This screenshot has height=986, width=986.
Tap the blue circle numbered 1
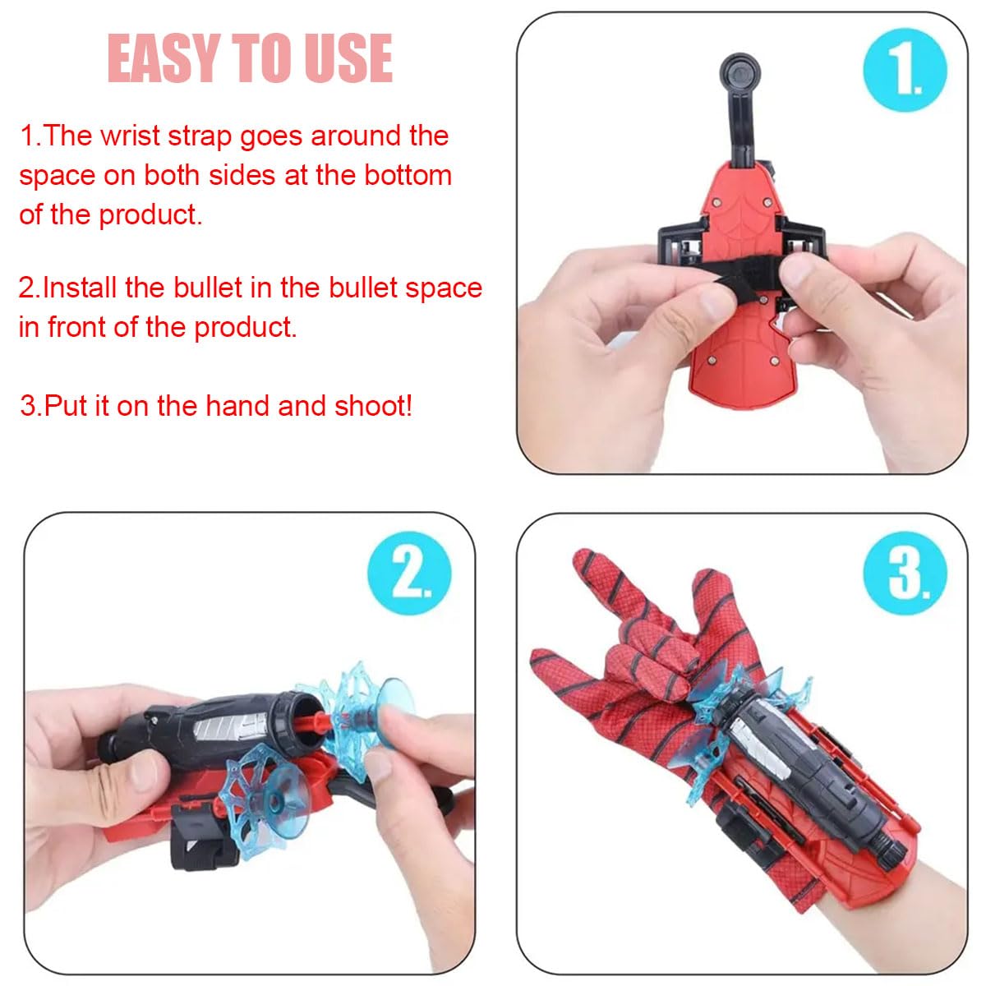click(905, 70)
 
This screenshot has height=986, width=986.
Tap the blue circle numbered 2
click(409, 573)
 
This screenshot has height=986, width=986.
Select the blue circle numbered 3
click(905, 573)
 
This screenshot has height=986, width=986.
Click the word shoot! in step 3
click(374, 406)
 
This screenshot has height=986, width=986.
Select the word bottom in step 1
click(408, 175)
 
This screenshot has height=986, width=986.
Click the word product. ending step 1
click(150, 214)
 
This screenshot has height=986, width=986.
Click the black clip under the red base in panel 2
click(197, 838)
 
